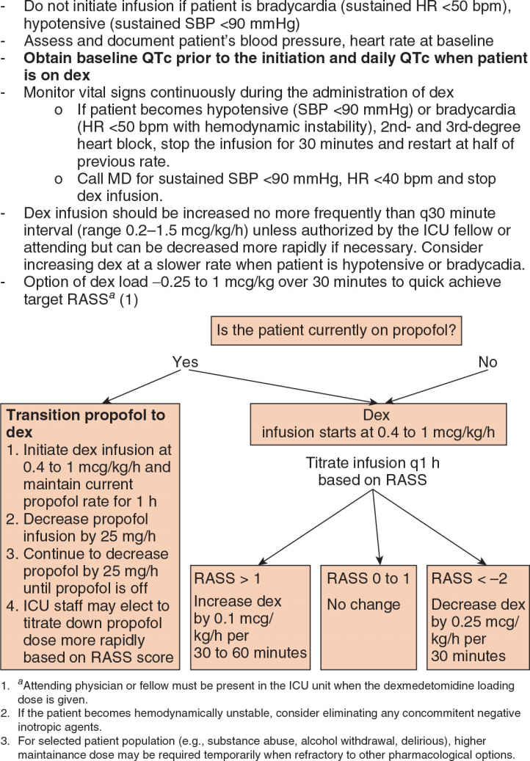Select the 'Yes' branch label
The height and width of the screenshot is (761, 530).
pos(185,361)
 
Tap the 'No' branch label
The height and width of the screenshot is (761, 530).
pos(487,361)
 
